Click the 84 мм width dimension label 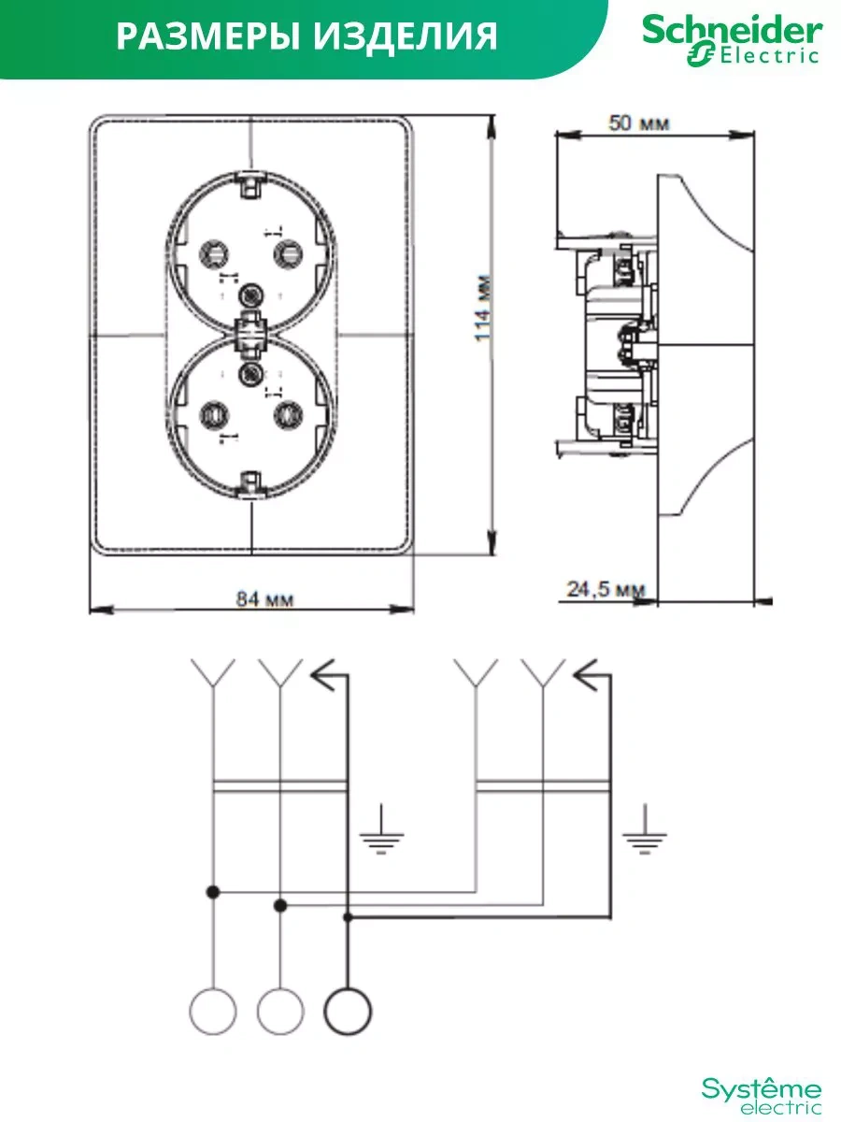click(x=264, y=599)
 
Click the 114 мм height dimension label click(x=482, y=309)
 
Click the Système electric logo click(x=763, y=1095)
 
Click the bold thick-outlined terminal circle click(x=347, y=1011)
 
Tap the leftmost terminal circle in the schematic click(x=213, y=1011)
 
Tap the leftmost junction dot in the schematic click(x=213, y=893)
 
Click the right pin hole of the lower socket click(x=287, y=411)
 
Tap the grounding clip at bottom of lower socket click(x=250, y=482)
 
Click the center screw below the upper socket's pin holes click(x=249, y=297)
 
